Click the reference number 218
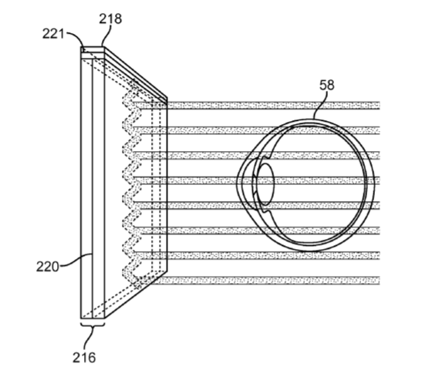[x=110, y=19]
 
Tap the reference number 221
[x=53, y=34]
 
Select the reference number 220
[x=47, y=267]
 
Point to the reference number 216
[x=84, y=358]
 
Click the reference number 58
[x=327, y=85]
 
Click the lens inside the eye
[x=265, y=184]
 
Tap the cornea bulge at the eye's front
[x=245, y=184]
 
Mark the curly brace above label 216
[x=93, y=323]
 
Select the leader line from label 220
[x=76, y=261]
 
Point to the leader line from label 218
[x=106, y=35]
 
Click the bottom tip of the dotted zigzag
[x=139, y=287]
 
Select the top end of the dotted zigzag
[x=134, y=81]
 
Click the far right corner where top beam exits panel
[x=167, y=102]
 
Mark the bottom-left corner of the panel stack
[x=81, y=318]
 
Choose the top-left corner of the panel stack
[x=81, y=47]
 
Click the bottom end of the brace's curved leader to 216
[x=86, y=349]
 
